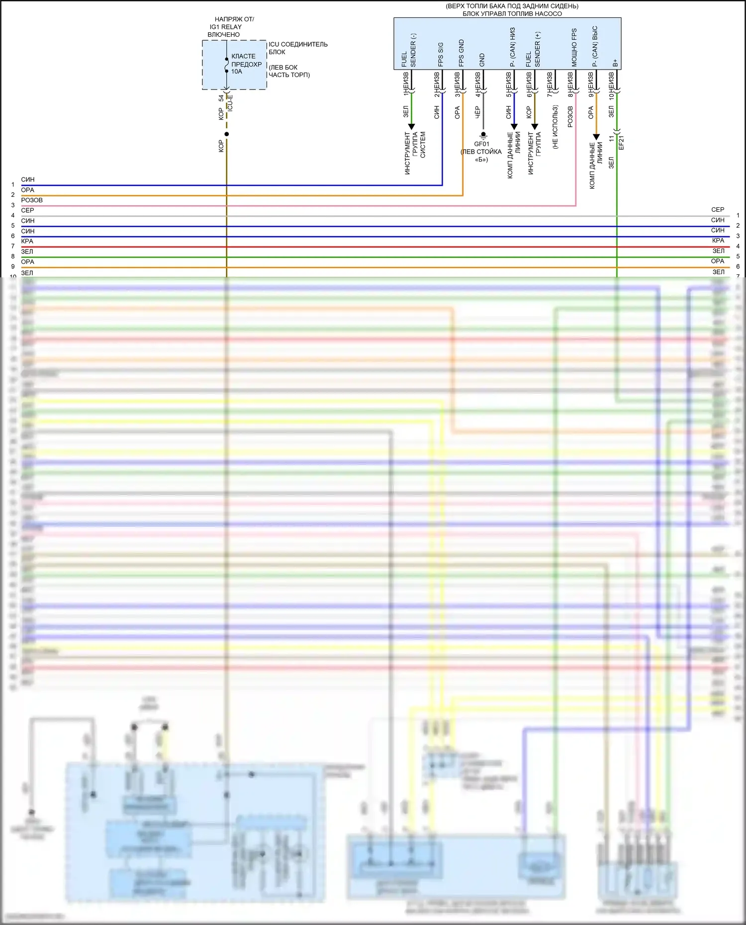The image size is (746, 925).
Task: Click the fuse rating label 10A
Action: (236, 72)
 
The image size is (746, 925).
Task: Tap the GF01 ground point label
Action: (481, 144)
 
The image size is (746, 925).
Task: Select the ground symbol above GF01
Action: (483, 135)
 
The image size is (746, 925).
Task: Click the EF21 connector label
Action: (621, 142)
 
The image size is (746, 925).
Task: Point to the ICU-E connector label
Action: (230, 103)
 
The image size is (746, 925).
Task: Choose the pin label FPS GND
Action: (462, 53)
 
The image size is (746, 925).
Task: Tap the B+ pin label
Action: (615, 63)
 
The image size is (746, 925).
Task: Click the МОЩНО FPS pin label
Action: (574, 48)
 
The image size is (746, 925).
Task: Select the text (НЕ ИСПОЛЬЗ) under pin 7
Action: (555, 127)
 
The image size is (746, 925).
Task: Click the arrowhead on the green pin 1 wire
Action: (411, 127)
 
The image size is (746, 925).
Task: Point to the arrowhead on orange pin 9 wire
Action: (596, 137)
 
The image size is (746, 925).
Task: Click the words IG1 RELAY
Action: (225, 27)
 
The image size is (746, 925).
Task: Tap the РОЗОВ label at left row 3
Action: (32, 200)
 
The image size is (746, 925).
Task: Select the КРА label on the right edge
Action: (718, 241)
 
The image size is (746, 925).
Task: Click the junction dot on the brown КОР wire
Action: (227, 134)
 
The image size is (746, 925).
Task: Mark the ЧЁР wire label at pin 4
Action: (478, 112)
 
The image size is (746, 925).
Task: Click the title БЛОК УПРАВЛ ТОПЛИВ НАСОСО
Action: (512, 14)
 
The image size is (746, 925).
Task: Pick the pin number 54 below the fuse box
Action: (221, 98)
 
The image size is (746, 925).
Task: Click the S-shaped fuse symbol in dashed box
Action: (227, 65)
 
